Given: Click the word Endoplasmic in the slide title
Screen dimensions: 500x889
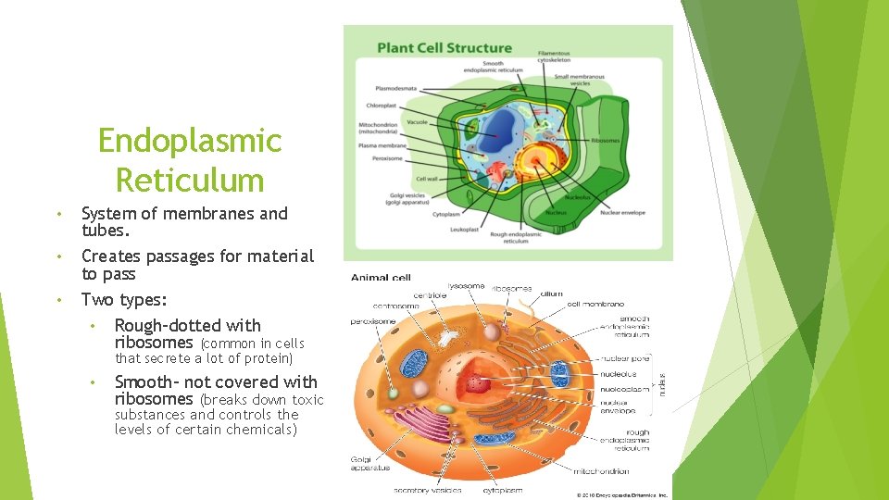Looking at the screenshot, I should tap(189, 142).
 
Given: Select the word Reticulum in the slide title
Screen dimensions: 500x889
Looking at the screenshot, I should tap(189, 180).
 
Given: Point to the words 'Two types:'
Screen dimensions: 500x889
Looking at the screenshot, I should tap(124, 300).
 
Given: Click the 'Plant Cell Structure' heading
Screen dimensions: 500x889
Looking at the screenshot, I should tap(444, 48).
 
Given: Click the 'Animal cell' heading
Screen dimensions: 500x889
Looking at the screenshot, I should tap(381, 277).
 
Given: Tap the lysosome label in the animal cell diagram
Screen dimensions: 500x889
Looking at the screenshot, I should tap(466, 286).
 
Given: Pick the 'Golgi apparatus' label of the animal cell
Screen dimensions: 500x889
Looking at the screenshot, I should tap(370, 463).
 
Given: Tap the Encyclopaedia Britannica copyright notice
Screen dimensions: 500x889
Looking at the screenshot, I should tap(621, 495).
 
